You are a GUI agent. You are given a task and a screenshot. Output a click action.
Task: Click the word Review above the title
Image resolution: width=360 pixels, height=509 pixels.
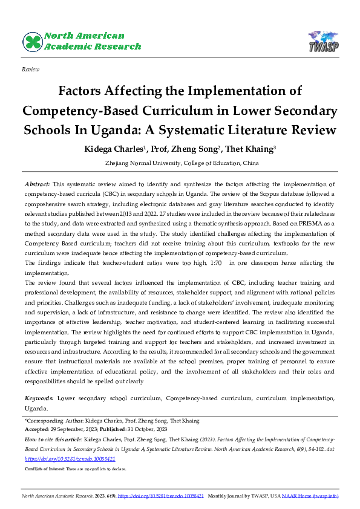(x=30, y=70)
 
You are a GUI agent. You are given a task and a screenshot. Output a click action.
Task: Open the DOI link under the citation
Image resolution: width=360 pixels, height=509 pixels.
(x=70, y=459)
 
